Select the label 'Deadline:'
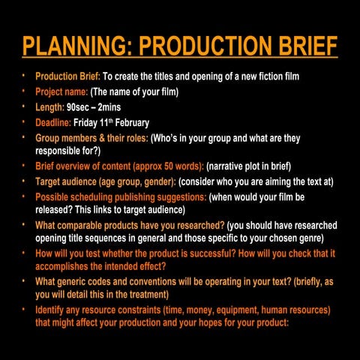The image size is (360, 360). [53, 122]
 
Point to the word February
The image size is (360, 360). [131, 122]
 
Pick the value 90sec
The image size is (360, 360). [79, 107]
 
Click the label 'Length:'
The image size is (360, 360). [49, 107]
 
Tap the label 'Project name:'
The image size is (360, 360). [61, 92]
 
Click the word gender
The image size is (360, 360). [154, 181]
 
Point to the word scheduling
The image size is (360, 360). [94, 196]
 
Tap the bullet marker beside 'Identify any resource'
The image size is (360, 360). [23, 308]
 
